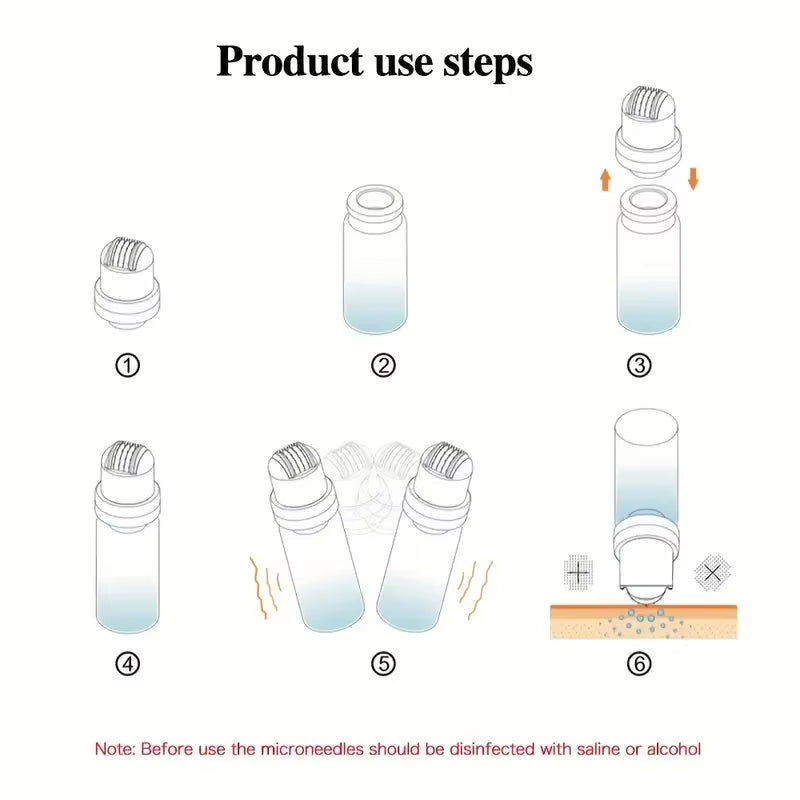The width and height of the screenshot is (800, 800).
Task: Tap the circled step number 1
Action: (127, 365)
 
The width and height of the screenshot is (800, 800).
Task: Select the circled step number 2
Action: (382, 365)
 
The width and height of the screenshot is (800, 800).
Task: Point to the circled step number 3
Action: (639, 365)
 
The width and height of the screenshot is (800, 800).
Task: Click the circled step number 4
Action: (127, 663)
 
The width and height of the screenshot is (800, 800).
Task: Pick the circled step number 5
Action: (382, 663)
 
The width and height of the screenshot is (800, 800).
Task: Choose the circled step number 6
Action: (639, 663)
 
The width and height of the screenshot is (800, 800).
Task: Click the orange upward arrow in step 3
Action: (605, 179)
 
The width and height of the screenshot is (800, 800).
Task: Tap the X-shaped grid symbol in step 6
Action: (712, 573)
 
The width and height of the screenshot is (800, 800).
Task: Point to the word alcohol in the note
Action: (673, 748)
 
